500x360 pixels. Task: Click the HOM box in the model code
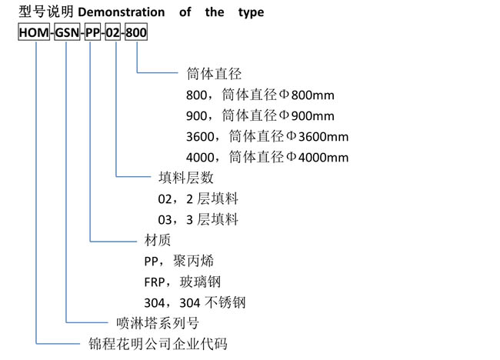click(34, 32)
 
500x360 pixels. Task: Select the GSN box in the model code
click(67, 32)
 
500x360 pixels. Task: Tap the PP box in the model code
click(92, 32)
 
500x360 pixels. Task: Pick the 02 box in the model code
click(113, 32)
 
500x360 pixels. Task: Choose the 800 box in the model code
click(136, 32)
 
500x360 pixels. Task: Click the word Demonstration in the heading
click(122, 12)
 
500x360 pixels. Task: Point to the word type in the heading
click(251, 13)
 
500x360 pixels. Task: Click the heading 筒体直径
click(214, 74)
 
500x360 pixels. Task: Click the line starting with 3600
click(267, 136)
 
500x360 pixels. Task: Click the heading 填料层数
click(186, 178)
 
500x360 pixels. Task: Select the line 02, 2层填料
click(198, 198)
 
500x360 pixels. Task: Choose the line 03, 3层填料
click(198, 219)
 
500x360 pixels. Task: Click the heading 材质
click(158, 240)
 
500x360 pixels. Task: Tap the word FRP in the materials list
click(155, 282)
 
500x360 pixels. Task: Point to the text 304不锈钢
click(212, 302)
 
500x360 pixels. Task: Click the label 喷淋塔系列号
click(158, 323)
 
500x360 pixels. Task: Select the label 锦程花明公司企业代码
click(158, 344)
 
